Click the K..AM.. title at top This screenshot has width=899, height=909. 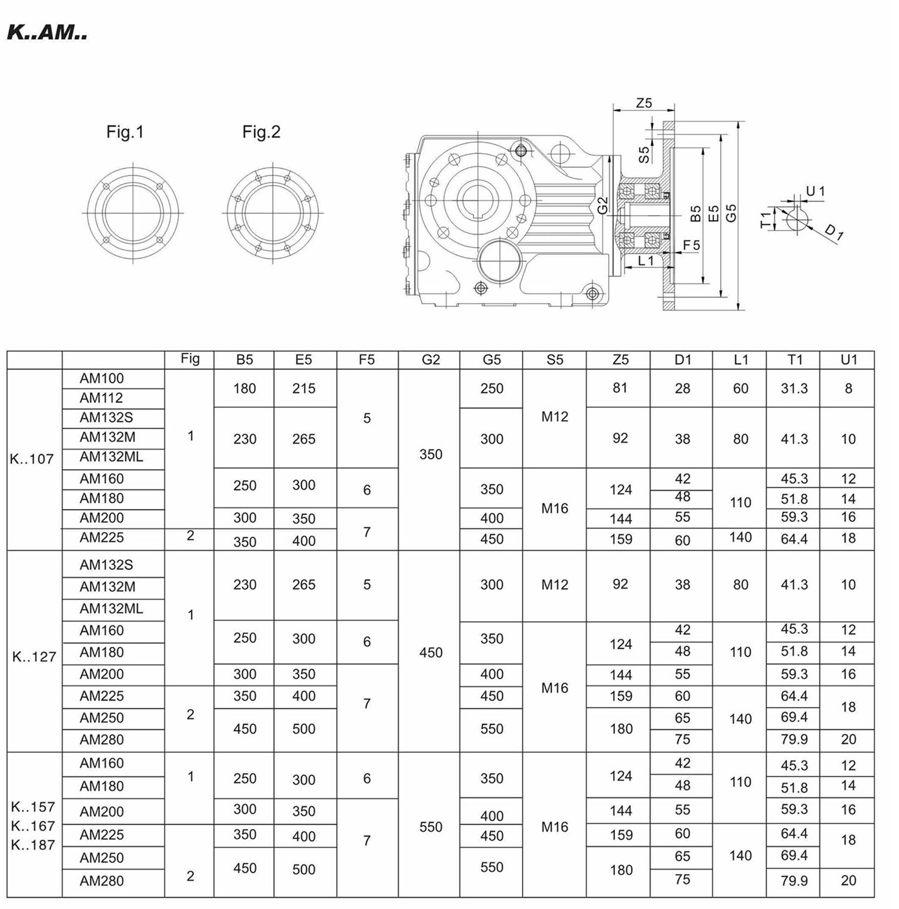click(x=47, y=33)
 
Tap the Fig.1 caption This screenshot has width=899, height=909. click(x=125, y=132)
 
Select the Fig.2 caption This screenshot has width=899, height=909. click(x=261, y=132)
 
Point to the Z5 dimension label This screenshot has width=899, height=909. click(x=644, y=103)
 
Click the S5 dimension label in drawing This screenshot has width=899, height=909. click(x=644, y=155)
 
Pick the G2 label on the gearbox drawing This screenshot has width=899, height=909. click(x=603, y=206)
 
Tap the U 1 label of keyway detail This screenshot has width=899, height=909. click(x=815, y=191)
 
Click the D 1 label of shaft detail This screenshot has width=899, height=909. click(x=834, y=232)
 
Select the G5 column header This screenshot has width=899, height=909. click(x=492, y=360)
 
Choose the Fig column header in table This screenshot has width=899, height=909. click(x=190, y=359)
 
